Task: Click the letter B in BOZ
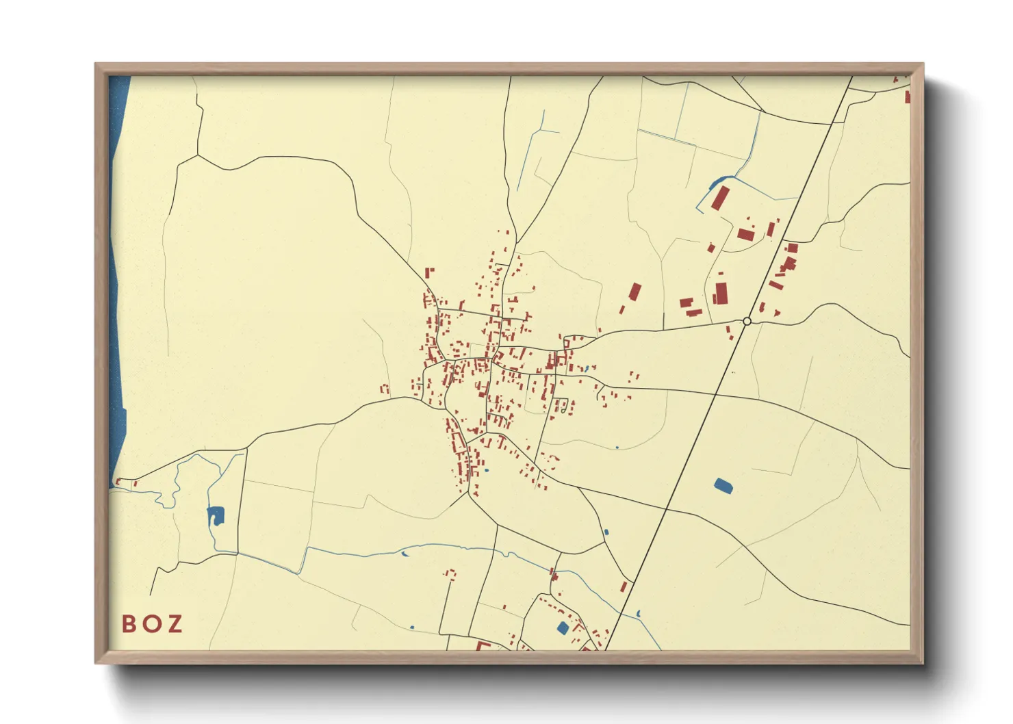(128, 624)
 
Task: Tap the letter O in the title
(152, 624)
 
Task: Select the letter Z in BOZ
(175, 624)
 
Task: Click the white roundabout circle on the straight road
(747, 321)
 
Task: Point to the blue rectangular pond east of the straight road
(723, 486)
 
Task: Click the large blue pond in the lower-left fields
(216, 515)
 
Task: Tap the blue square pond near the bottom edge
(563, 628)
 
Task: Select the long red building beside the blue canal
(719, 198)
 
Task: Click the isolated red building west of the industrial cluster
(635, 292)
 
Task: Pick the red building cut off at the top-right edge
(908, 96)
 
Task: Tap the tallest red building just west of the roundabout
(721, 294)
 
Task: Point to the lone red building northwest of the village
(429, 272)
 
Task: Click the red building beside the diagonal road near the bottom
(624, 587)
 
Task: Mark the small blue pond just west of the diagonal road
(605, 532)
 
